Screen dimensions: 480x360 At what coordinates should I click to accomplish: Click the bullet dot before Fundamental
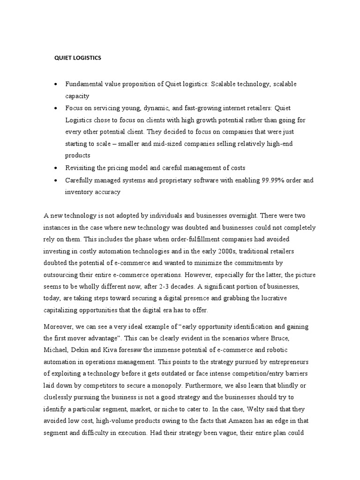point(56,84)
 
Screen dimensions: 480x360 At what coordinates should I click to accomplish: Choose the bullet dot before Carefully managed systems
point(56,180)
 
